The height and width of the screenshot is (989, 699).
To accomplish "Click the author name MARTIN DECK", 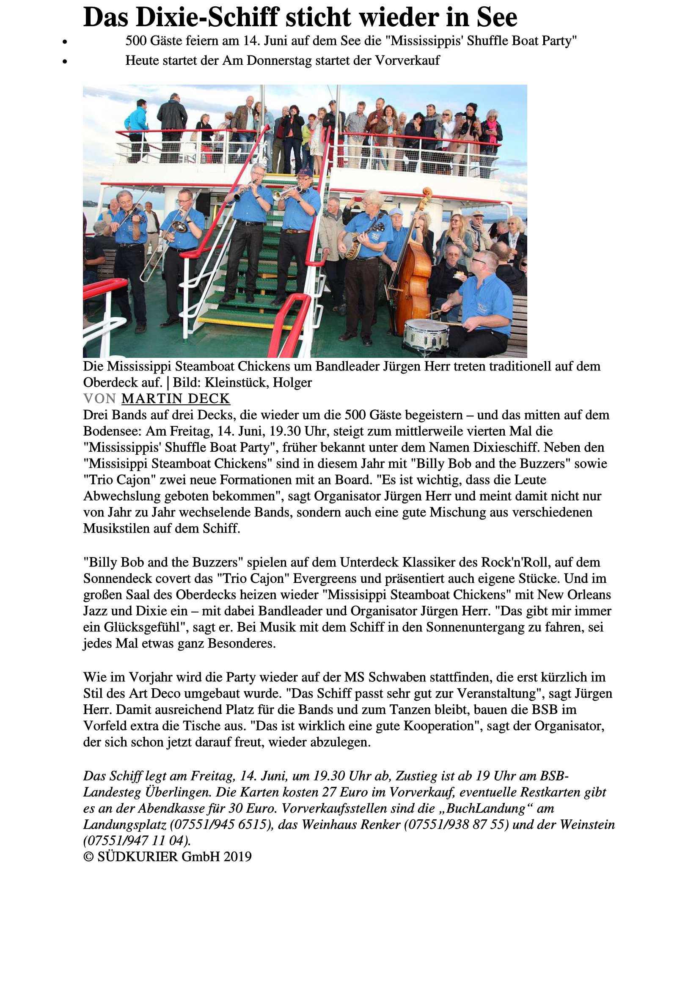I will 176,398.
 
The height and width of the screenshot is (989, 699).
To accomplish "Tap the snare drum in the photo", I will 425,334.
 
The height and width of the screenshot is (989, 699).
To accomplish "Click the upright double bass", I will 413,276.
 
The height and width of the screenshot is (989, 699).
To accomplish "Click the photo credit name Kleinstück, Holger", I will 258,382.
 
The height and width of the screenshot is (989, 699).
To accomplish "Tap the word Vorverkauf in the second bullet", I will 407,60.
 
